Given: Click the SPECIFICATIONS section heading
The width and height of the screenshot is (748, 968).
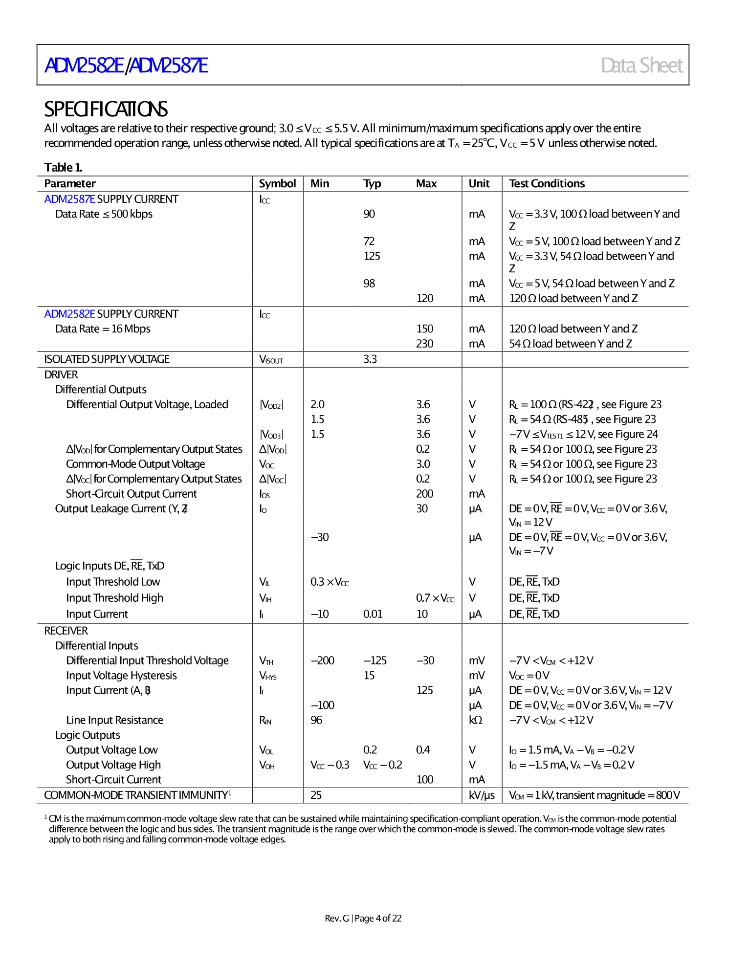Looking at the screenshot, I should [x=106, y=109].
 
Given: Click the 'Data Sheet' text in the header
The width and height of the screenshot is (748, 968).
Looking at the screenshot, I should [x=641, y=66].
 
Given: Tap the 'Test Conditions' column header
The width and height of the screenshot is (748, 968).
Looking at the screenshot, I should [x=547, y=184].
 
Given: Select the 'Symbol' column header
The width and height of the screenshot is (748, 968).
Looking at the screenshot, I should [x=277, y=184].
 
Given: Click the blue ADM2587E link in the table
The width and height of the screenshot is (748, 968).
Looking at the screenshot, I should [x=69, y=199].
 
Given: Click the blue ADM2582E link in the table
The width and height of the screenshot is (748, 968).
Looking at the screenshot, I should [x=69, y=314].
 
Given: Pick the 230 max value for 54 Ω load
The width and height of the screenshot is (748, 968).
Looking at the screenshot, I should [x=424, y=344].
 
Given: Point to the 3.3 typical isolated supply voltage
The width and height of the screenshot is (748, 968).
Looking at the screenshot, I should [x=370, y=359].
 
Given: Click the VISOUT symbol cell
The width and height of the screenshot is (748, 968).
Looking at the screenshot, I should [x=271, y=360].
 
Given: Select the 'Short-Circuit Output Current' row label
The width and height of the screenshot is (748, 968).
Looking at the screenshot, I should [x=131, y=494].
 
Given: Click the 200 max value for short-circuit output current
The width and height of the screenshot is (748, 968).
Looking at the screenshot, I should [x=424, y=494].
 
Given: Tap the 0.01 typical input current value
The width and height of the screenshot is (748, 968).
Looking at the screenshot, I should [x=373, y=615].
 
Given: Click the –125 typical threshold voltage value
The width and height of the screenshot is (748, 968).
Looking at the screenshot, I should [x=375, y=661].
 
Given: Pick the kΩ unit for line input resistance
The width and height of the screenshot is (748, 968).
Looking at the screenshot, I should [x=475, y=721].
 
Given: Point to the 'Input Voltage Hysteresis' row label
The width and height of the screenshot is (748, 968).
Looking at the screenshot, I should [x=121, y=676].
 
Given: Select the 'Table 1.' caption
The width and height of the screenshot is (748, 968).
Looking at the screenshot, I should [x=63, y=168].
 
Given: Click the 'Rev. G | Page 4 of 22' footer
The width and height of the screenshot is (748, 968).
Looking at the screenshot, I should [x=363, y=919].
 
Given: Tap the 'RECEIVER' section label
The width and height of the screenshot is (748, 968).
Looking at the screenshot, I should [x=66, y=631].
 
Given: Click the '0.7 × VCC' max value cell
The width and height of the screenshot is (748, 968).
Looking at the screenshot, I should [x=435, y=598].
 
